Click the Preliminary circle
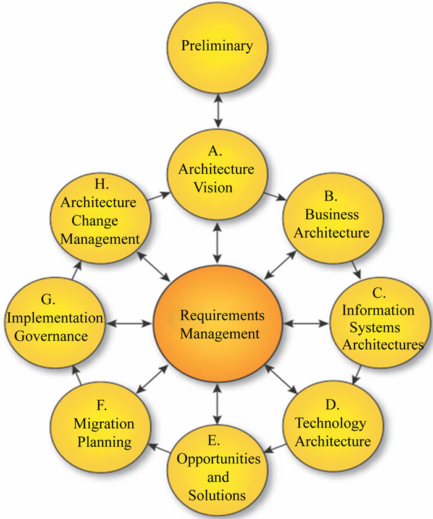(x=216, y=46)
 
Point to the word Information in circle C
(x=379, y=310)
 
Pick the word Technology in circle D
(x=330, y=424)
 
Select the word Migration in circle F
(x=104, y=424)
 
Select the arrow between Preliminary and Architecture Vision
(x=216, y=111)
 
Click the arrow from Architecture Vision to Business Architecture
(x=274, y=197)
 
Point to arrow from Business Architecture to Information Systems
(x=358, y=270)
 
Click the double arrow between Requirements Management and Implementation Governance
(x=129, y=323)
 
